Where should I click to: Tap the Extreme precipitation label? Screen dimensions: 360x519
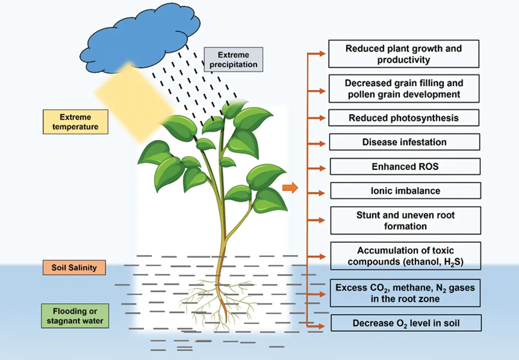click(233, 60)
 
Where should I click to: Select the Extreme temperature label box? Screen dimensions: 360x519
click(75, 122)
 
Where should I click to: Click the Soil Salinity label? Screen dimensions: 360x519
click(74, 268)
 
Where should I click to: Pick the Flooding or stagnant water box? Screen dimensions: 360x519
click(75, 316)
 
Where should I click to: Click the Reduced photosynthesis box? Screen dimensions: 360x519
click(403, 118)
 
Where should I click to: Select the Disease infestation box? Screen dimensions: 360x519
click(404, 142)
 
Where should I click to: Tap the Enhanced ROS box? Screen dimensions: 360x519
click(405, 166)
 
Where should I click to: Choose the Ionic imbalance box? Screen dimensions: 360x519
click(405, 191)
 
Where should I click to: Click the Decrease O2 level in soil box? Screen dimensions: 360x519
click(406, 323)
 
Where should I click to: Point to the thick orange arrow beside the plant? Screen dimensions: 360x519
click(290, 188)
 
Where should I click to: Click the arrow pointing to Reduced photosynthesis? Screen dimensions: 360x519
click(317, 118)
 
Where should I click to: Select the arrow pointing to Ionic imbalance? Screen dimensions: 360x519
click(317, 193)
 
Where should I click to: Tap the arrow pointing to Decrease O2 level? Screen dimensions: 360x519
click(317, 326)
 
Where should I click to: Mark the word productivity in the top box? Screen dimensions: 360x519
click(403, 60)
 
